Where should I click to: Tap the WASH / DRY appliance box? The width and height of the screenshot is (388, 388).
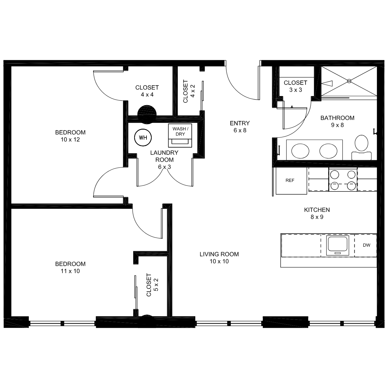pos(180,135)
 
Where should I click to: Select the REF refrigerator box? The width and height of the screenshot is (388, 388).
pos(291,181)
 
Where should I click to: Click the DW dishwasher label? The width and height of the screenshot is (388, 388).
pos(366,245)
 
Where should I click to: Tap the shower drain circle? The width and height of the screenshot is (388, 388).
pos(349,81)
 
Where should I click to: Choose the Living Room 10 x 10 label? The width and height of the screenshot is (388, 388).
pos(219,258)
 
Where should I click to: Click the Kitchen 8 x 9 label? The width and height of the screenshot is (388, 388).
pos(317,213)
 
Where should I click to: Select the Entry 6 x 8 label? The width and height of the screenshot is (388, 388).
pos(240,127)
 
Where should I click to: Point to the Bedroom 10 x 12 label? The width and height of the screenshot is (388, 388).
pos(70,136)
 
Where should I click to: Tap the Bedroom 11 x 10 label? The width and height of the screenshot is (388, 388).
pos(70,267)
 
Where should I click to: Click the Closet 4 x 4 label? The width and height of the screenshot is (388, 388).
pos(147,91)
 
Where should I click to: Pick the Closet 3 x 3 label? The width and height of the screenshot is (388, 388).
pos(296,86)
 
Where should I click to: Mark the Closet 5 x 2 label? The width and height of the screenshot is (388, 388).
pos(152,285)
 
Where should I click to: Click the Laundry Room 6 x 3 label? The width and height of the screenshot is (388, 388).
pos(164,160)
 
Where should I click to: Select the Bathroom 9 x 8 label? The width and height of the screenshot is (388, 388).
pos(337,122)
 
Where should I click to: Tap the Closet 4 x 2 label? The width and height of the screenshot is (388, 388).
pos(189,91)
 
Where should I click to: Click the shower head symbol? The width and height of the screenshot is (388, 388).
pos(327,83)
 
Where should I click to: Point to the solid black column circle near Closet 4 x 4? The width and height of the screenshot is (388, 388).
pos(147,114)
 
